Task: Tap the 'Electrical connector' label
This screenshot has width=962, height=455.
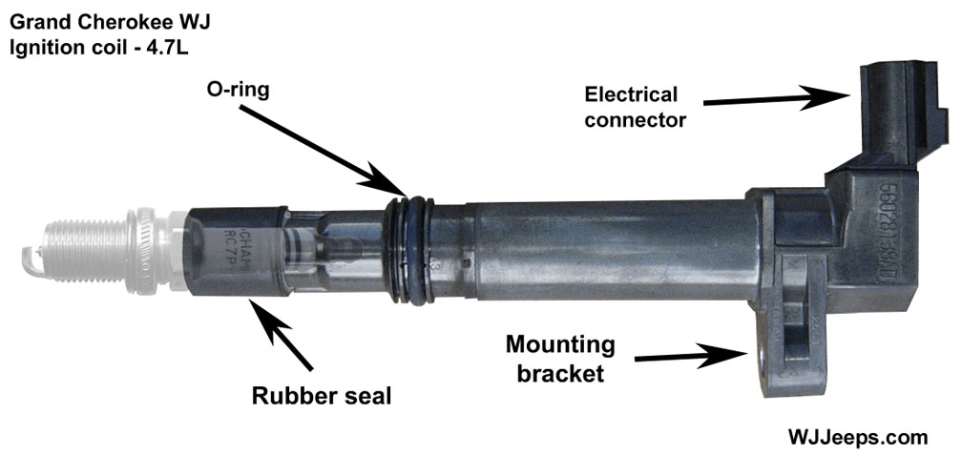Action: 631,107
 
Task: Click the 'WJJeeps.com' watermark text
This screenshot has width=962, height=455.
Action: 857,437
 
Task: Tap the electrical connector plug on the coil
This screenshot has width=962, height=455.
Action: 892,105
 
